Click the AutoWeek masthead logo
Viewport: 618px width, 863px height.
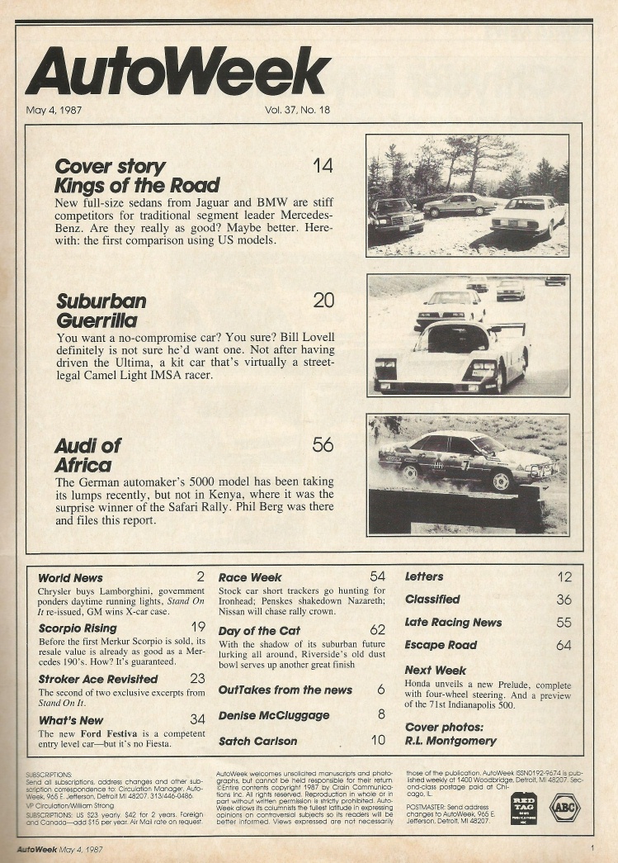click(x=178, y=71)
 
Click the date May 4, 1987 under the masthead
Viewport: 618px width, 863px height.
click(x=54, y=109)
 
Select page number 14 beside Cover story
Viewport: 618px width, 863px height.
click(x=323, y=166)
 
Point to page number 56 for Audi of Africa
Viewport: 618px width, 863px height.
click(x=323, y=445)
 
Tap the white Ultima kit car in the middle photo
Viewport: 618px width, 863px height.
click(x=452, y=357)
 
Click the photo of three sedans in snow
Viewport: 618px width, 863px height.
click(x=468, y=196)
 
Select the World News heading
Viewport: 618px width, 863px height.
click(x=71, y=577)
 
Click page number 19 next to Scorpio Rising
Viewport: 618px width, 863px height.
click(x=197, y=628)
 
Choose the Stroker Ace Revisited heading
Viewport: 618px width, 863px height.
click(x=97, y=679)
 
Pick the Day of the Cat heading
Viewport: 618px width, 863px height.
click(x=259, y=631)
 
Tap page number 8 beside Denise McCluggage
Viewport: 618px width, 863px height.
click(x=381, y=714)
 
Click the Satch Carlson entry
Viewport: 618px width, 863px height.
click(x=257, y=741)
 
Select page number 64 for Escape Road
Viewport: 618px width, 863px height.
click(x=564, y=645)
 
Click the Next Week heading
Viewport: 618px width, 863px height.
click(x=436, y=670)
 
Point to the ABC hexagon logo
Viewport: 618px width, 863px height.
click(x=565, y=808)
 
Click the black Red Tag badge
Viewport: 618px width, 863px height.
click(x=524, y=808)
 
